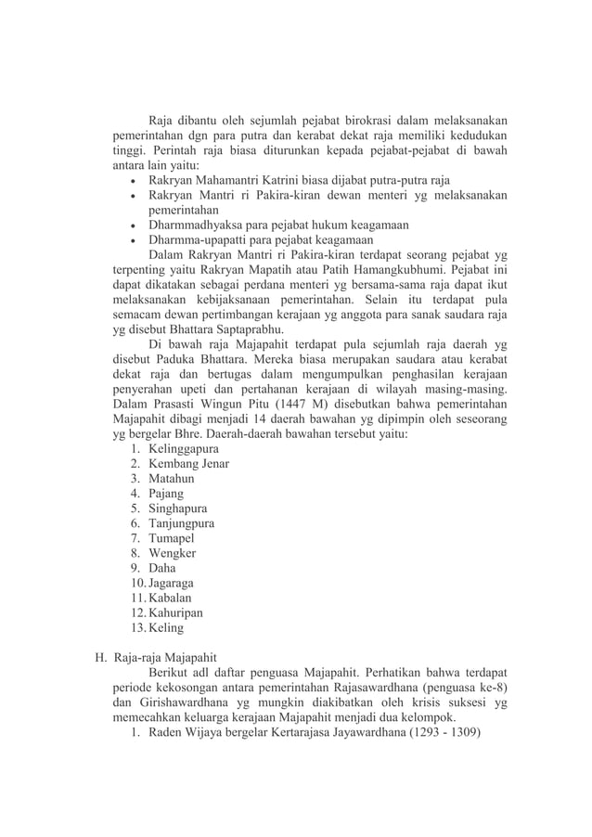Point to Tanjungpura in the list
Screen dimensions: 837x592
coord(182,522)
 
